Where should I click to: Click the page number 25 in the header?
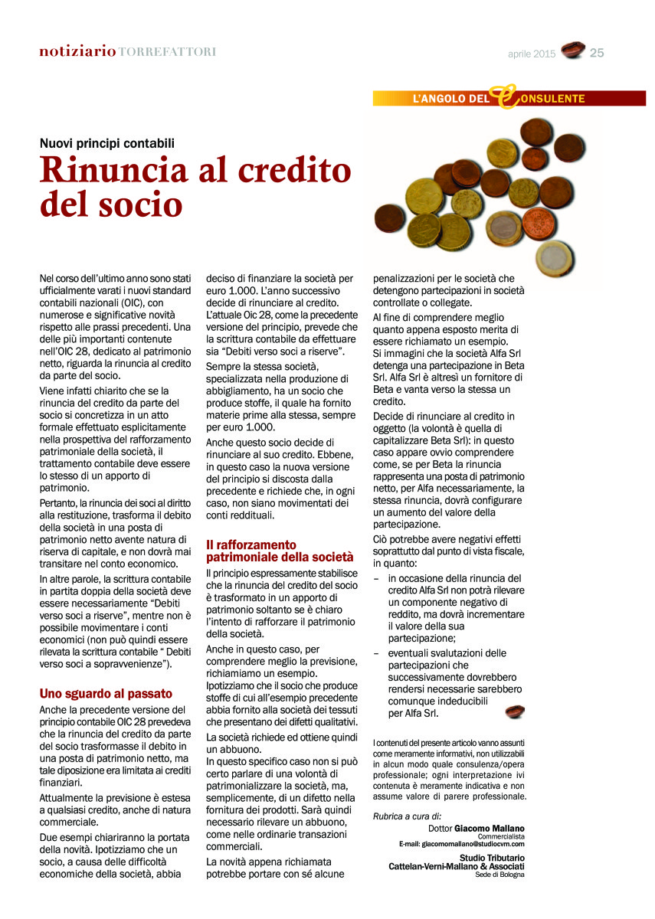point(598,53)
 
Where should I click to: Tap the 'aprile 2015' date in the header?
point(532,54)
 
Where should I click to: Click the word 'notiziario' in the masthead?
point(77,51)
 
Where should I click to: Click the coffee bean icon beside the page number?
point(572,51)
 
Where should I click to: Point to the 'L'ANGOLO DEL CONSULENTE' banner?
point(498,98)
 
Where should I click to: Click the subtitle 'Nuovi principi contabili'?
point(107,142)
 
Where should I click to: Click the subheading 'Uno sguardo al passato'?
point(106,694)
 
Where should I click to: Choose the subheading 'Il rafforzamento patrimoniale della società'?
point(280,551)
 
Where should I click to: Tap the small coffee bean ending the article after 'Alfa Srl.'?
point(516,712)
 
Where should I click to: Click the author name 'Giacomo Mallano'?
point(490,829)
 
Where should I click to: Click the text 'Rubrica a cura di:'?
point(407,816)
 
